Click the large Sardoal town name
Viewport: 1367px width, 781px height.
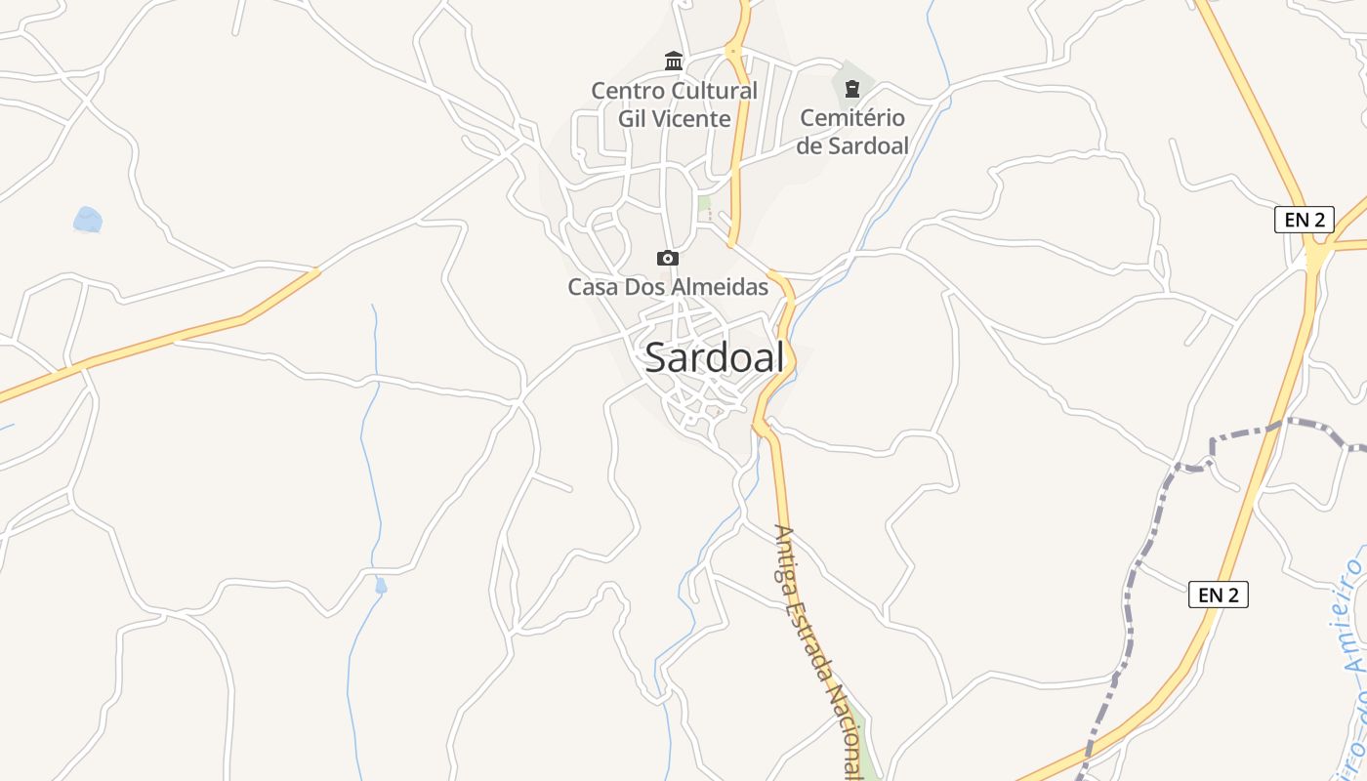coord(715,358)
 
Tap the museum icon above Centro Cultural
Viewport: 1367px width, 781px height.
coord(674,62)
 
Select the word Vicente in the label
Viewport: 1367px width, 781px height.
coord(693,119)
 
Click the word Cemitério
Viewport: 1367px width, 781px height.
coord(852,118)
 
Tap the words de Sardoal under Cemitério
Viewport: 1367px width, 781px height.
coord(852,146)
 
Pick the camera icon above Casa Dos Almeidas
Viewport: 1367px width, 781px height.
coord(668,258)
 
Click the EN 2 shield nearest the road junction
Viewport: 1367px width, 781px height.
coord(1305,220)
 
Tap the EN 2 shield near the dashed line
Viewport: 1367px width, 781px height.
coord(1219,595)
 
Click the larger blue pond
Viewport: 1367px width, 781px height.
coord(88,220)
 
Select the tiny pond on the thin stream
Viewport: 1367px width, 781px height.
coord(381,586)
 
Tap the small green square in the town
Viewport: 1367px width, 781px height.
coord(704,203)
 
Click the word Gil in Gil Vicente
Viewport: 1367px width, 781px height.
coord(634,119)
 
